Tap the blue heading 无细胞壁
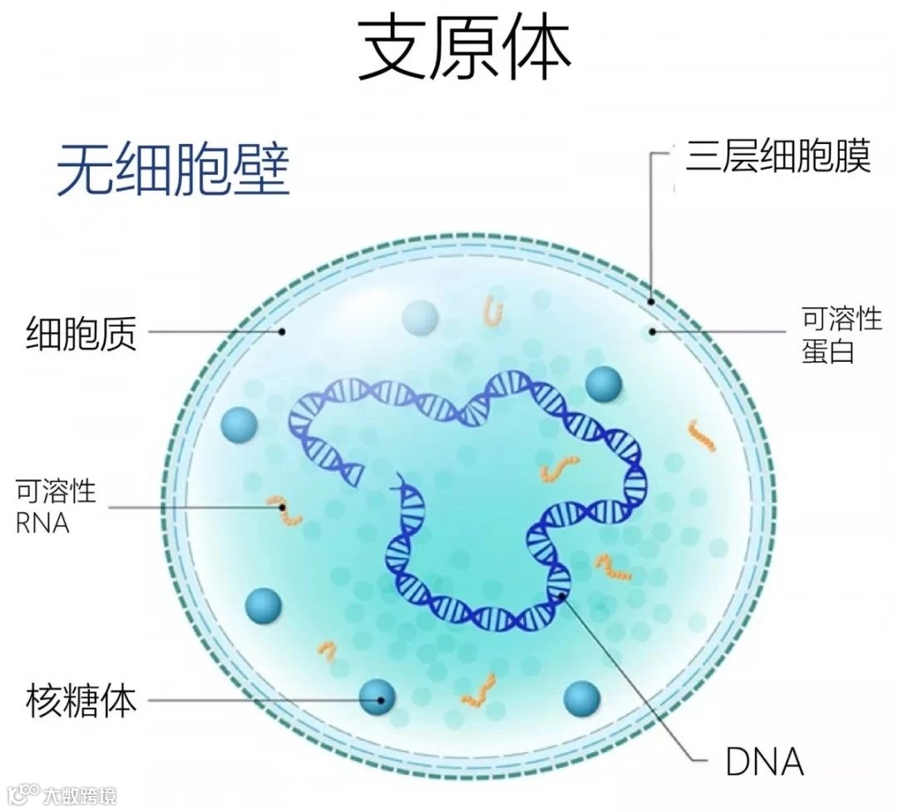173,169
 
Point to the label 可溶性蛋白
841,334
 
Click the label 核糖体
81,701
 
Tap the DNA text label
764,760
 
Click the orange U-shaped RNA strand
494,313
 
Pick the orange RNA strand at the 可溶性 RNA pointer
286,511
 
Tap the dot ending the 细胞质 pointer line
283,331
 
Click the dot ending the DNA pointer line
563,594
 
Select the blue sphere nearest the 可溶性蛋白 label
604,384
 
